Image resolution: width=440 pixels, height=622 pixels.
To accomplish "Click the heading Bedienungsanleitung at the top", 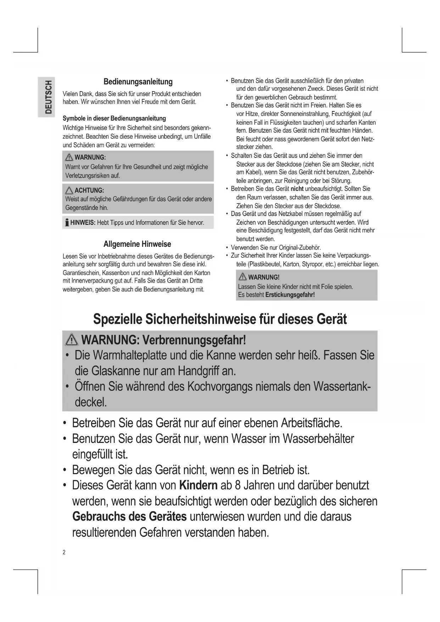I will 138,82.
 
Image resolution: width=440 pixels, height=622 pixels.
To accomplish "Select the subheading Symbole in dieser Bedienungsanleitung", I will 114,118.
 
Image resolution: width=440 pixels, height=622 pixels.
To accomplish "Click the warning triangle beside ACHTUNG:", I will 69,190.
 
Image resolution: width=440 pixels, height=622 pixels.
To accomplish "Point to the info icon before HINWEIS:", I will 66,223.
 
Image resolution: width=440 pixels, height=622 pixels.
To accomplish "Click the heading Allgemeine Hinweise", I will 137,244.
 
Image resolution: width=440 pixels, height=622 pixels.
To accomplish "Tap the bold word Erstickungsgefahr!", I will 290,295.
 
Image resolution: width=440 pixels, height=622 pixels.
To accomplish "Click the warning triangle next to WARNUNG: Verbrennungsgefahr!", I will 72,340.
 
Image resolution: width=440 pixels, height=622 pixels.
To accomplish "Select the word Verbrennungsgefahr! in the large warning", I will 194,340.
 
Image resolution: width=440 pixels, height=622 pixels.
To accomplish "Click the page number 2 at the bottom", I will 64,552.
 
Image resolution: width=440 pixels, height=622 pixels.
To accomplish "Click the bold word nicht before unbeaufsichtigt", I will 297,189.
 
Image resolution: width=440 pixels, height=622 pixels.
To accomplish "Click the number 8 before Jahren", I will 238,485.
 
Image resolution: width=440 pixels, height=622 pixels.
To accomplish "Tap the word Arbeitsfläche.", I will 312,423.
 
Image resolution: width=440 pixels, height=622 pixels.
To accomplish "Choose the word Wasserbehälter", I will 318,439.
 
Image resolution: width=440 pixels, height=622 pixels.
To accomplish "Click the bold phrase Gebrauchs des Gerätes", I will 129,516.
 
